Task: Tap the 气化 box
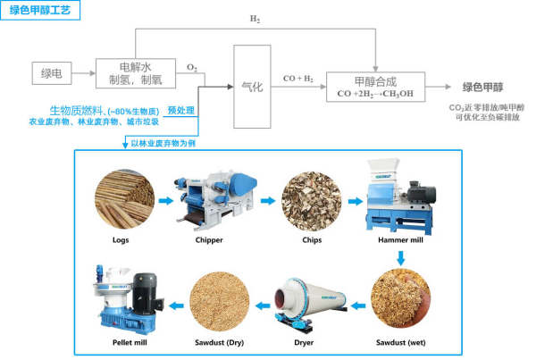(x=251, y=87)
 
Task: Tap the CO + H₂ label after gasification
(x=297, y=79)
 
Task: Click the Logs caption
(x=120, y=240)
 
